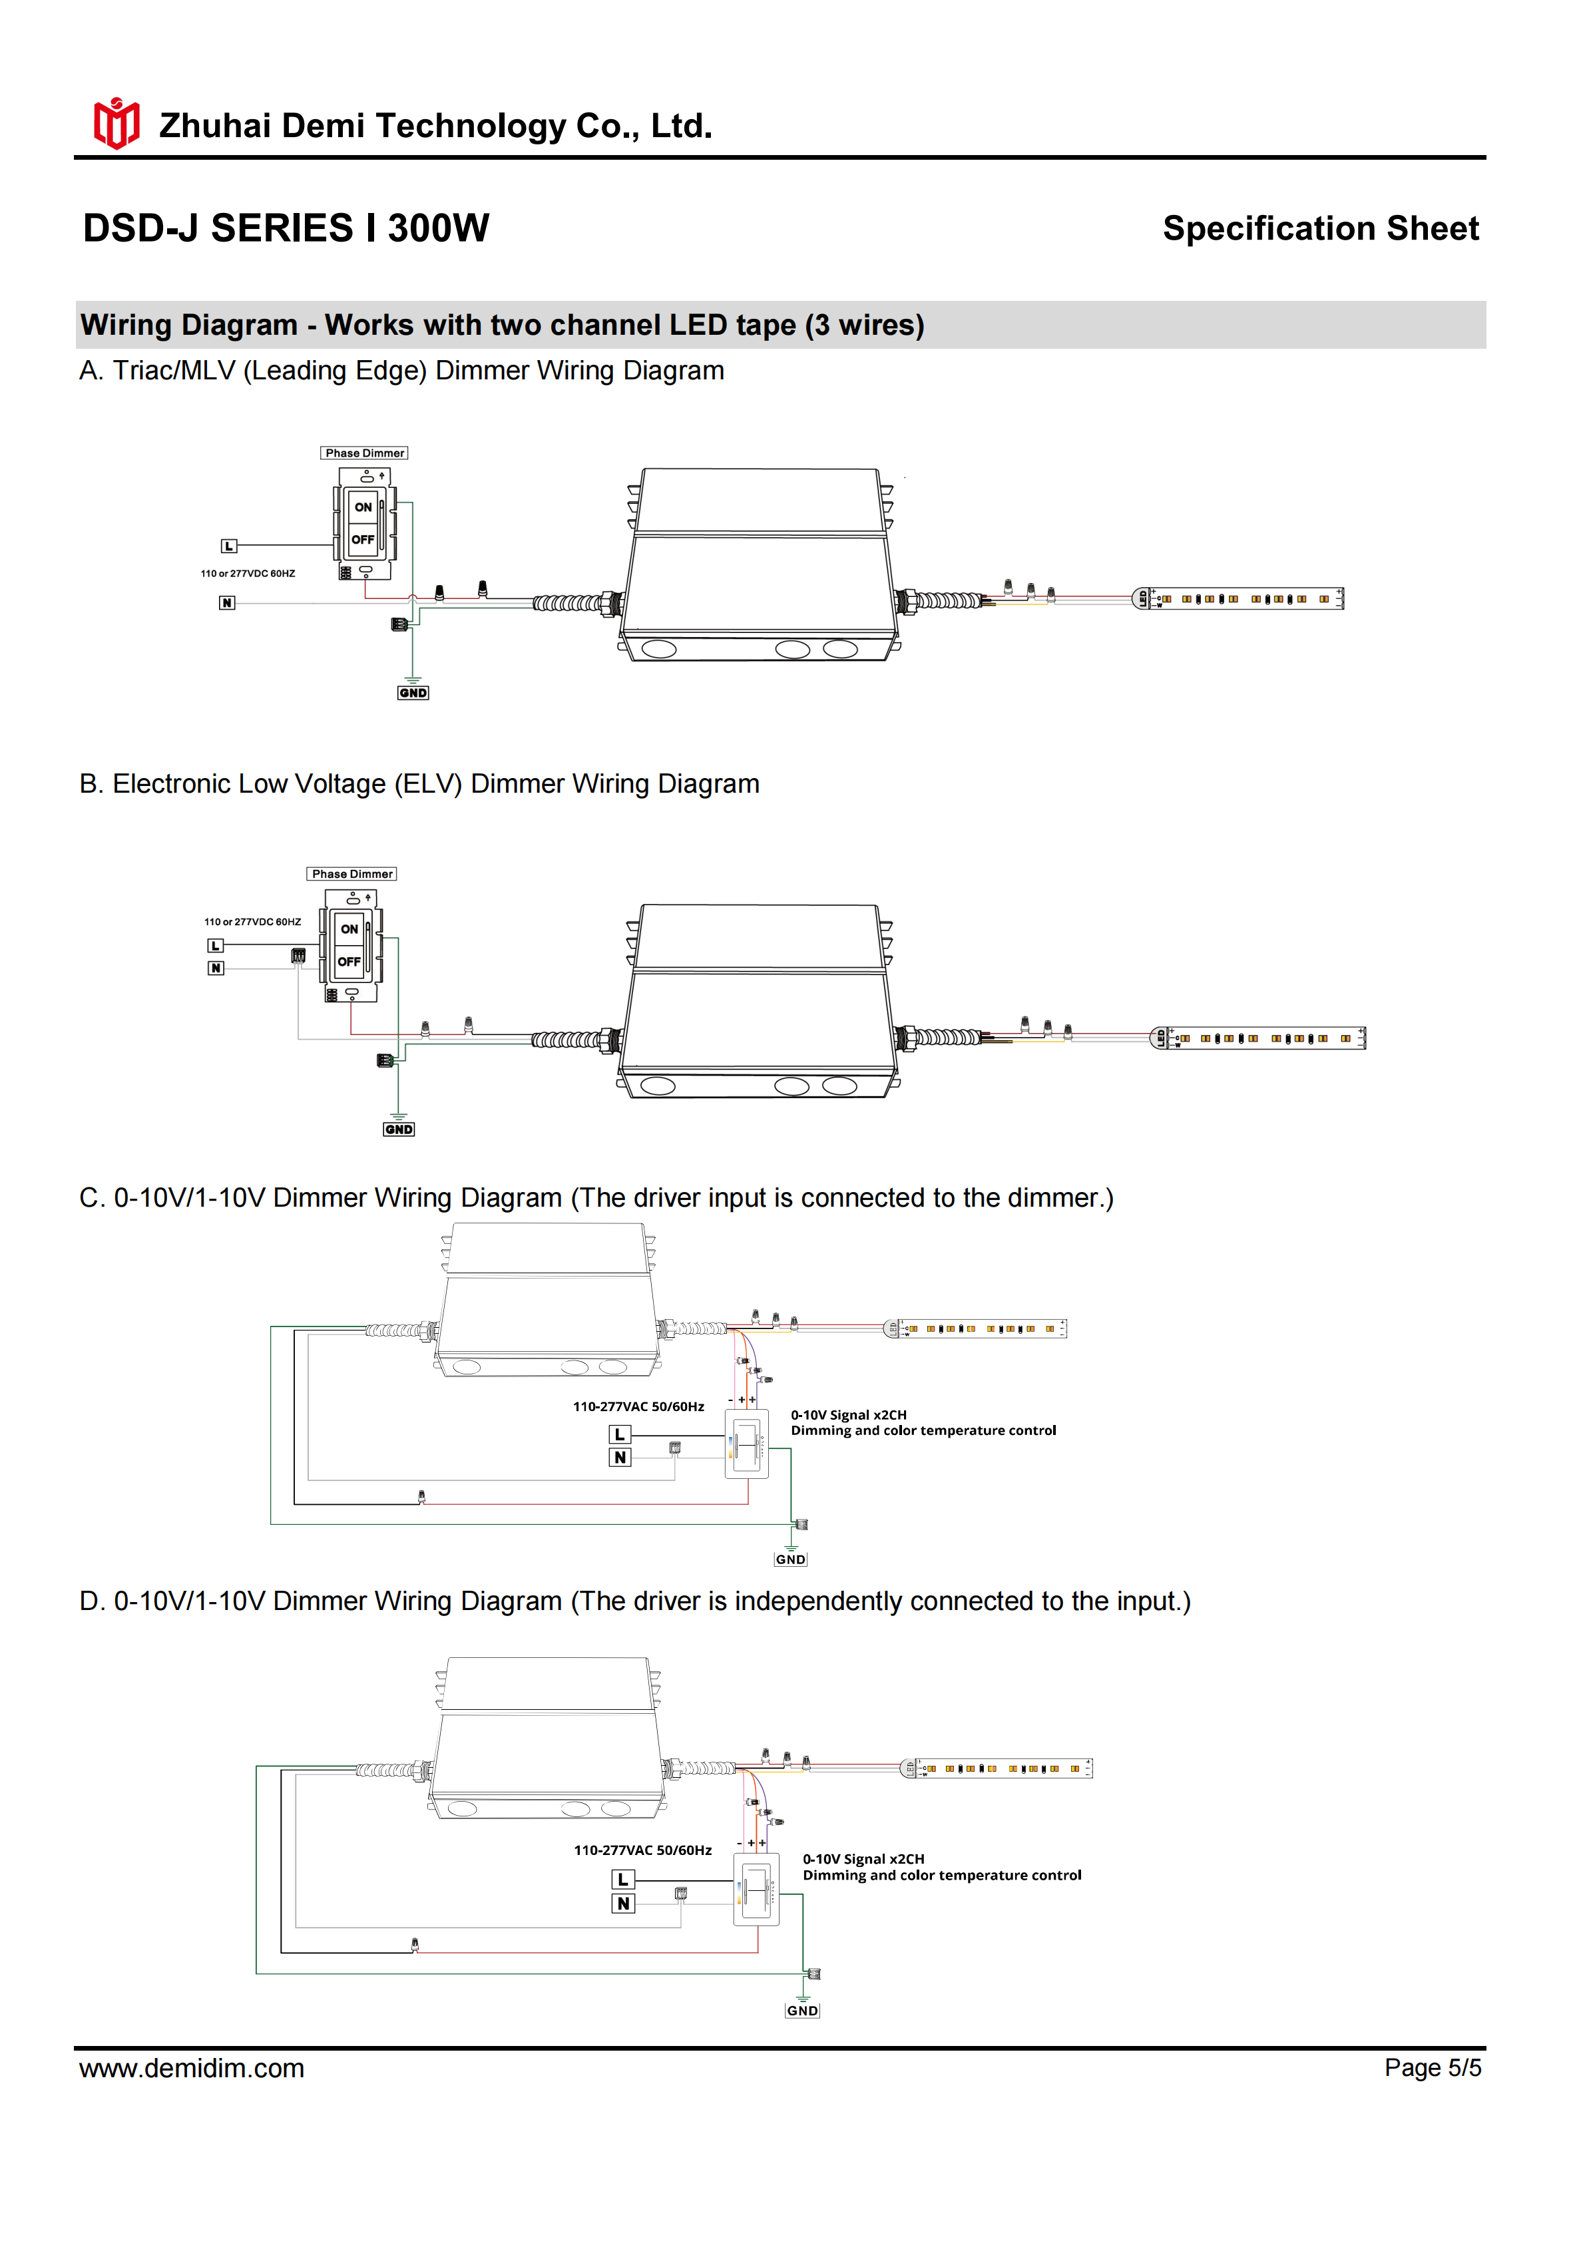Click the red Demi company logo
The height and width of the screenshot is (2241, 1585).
[x=116, y=124]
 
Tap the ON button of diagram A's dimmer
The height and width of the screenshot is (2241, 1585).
[x=363, y=508]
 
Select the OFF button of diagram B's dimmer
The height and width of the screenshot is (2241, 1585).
[x=349, y=962]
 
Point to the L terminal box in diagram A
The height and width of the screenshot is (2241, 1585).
[x=228, y=546]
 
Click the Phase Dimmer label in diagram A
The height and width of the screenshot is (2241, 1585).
[x=364, y=454]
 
